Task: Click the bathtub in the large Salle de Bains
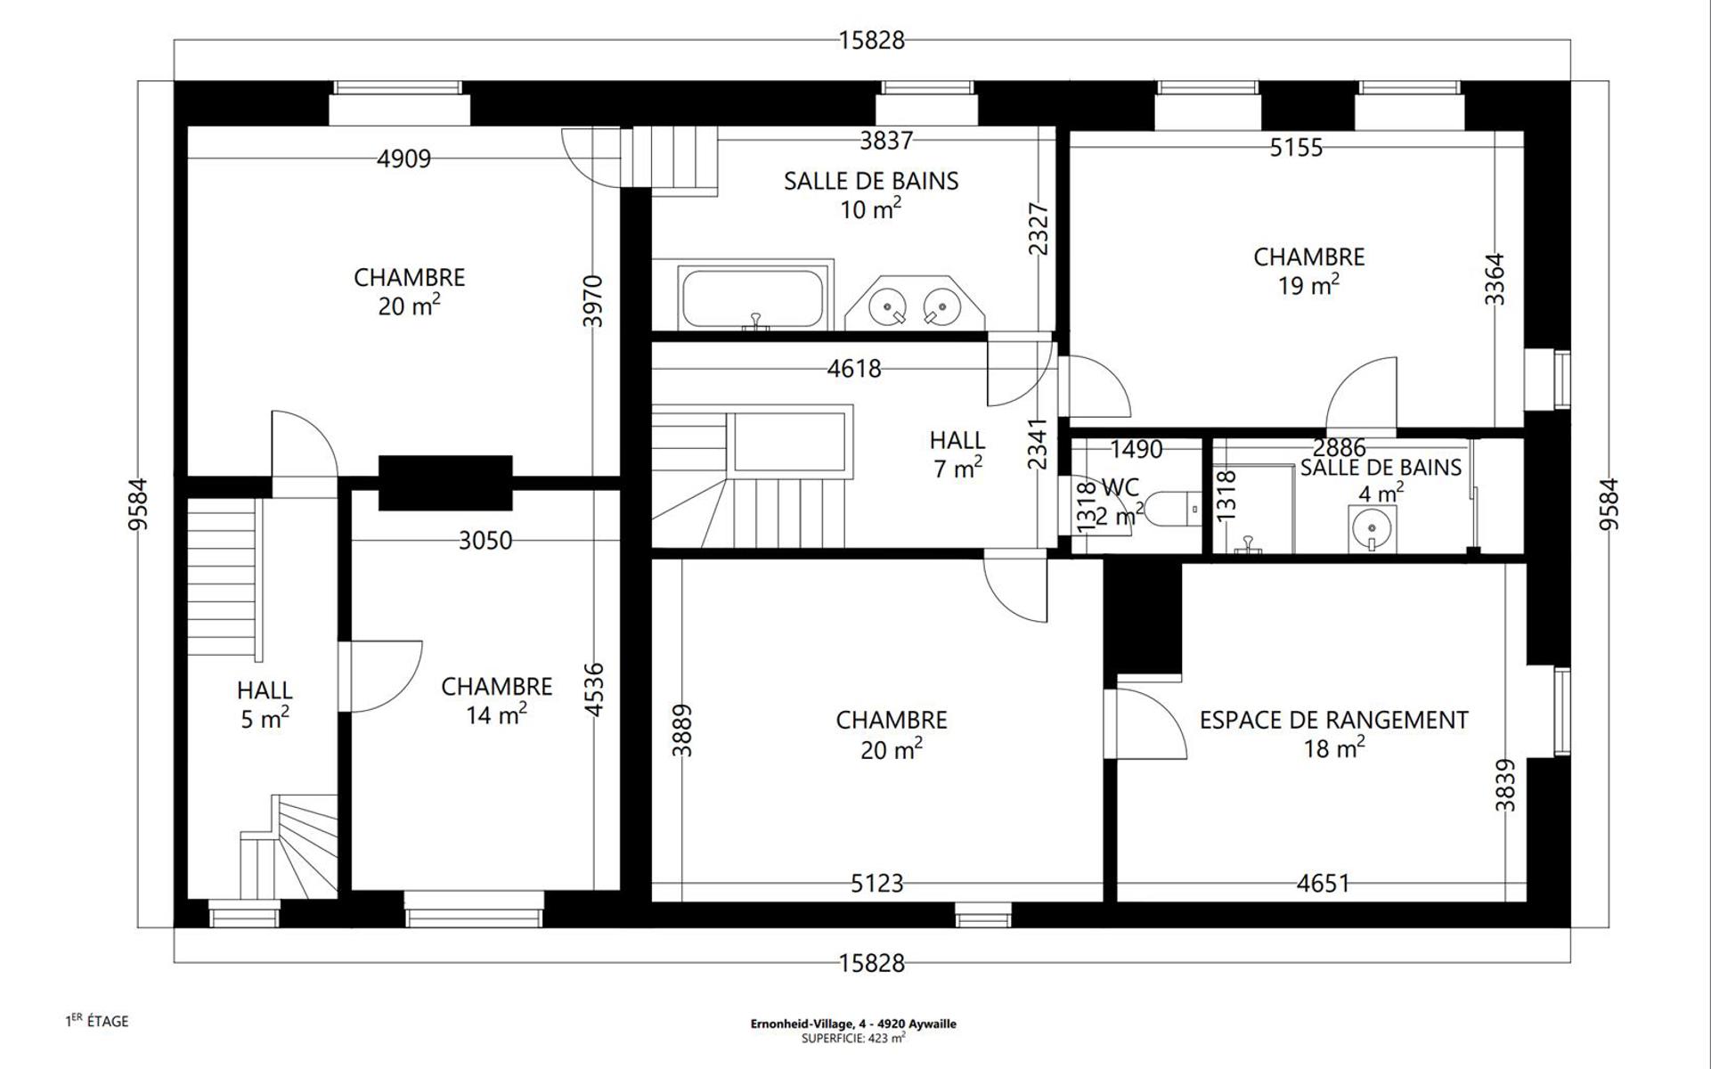752,298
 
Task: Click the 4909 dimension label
403,159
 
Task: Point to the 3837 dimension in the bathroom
886,140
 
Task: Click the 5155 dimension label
1296,147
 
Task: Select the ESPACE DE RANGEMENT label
1333,720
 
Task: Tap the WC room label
1120,487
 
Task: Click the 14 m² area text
497,714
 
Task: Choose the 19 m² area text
1309,285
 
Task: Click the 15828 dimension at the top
871,40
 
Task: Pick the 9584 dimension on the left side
138,504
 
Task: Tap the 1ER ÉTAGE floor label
97,1021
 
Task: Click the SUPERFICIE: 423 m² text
853,1038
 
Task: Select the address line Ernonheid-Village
853,1024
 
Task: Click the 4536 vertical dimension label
594,690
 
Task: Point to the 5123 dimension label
877,884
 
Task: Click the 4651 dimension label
1323,884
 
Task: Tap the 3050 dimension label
485,541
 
